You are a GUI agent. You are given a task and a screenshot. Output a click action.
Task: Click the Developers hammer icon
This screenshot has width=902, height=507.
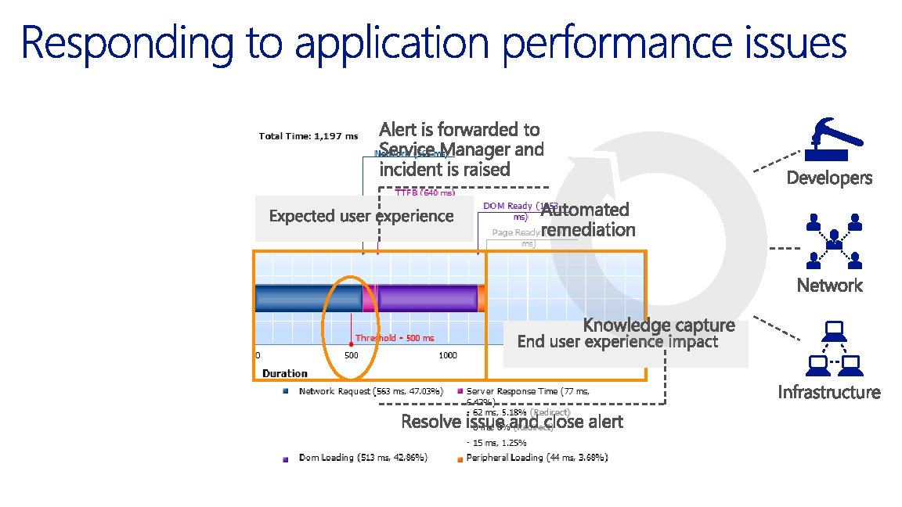(832, 139)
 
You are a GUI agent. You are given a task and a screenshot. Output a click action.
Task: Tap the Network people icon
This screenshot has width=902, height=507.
(833, 239)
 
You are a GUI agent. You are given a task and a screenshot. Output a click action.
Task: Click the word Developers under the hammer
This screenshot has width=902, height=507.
(829, 178)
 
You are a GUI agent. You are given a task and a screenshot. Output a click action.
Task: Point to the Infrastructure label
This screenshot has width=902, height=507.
(829, 392)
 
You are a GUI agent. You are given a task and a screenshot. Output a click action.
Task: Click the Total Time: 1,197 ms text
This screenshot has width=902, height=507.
(308, 136)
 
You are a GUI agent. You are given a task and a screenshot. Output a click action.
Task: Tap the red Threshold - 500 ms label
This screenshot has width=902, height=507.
(394, 338)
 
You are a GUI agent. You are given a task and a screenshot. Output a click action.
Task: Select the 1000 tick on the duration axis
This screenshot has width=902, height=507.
(447, 355)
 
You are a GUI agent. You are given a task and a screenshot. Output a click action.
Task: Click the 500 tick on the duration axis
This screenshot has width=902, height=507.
(352, 355)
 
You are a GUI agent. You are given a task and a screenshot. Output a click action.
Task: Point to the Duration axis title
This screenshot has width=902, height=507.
(285, 373)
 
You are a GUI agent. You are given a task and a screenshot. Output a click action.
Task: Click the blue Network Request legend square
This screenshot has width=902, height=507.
(287, 390)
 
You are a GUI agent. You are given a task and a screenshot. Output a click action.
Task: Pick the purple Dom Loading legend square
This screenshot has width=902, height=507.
(287, 458)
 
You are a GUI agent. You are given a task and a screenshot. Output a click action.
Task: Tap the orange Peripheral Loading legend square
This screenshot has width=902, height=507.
(460, 458)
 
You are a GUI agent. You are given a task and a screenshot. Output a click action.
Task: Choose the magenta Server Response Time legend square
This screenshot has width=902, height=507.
(460, 390)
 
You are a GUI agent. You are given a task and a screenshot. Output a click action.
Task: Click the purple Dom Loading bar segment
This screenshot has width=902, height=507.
(428, 298)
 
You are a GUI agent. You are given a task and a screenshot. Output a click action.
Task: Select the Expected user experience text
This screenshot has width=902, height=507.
(361, 216)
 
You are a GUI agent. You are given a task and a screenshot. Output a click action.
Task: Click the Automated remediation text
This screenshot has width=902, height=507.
(587, 220)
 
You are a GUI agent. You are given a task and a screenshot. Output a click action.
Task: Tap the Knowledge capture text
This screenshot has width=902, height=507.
(658, 325)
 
